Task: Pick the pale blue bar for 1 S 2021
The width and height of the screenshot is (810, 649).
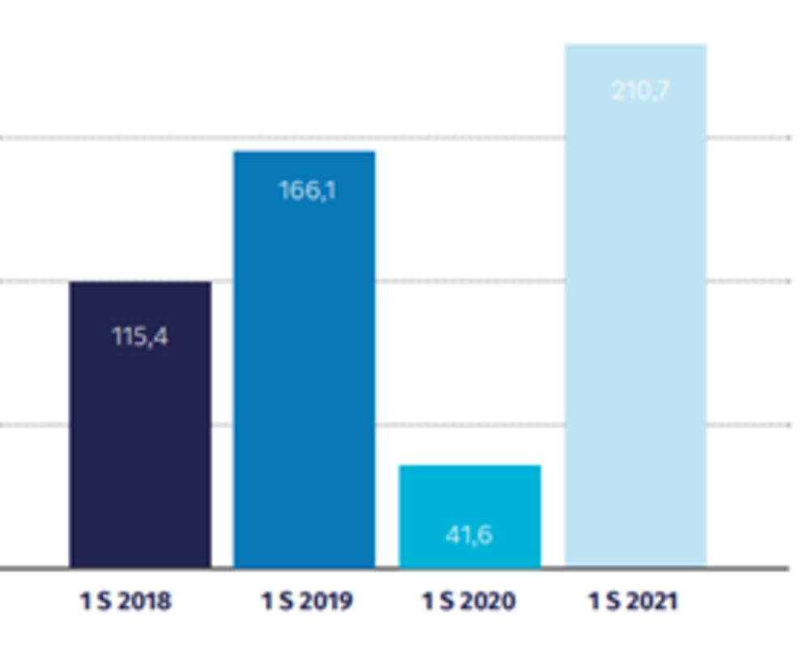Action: (x=636, y=324)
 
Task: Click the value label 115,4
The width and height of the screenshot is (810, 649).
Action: (x=140, y=336)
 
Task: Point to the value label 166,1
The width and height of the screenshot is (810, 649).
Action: (x=307, y=191)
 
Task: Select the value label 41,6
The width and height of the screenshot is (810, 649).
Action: (x=469, y=535)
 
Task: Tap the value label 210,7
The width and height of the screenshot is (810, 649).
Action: (x=641, y=90)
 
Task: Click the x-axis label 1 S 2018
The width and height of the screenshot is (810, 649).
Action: (x=126, y=601)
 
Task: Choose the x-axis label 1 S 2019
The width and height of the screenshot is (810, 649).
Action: (x=307, y=601)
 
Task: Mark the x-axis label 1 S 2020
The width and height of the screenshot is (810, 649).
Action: (x=469, y=601)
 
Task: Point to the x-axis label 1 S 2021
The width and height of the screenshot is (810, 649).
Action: (x=633, y=601)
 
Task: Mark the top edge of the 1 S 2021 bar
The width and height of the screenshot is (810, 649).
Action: (x=636, y=45)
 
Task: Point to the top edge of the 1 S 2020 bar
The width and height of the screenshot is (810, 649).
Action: (x=470, y=466)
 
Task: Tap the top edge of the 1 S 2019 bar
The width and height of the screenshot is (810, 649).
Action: (x=305, y=152)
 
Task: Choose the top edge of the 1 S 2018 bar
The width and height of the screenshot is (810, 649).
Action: (x=140, y=282)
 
